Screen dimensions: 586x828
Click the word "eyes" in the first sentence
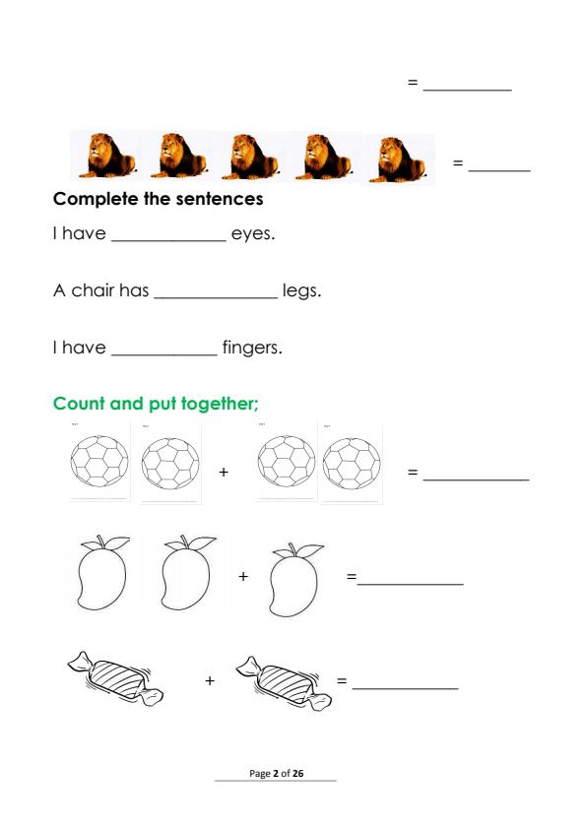pyautogui.click(x=251, y=234)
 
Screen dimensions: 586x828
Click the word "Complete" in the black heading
pyautogui.click(x=96, y=199)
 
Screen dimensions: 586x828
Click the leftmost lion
pyautogui.click(x=107, y=156)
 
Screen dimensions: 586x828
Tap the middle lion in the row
pyautogui.click(x=251, y=157)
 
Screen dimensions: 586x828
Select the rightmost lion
pyautogui.click(x=397, y=159)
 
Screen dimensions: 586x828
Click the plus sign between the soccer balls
pyautogui.click(x=224, y=472)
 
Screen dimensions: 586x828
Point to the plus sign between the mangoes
pyautogui.click(x=243, y=576)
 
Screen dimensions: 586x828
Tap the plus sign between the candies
pyautogui.click(x=210, y=680)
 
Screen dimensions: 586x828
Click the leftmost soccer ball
pyautogui.click(x=99, y=461)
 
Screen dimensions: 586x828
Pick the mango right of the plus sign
pyautogui.click(x=294, y=579)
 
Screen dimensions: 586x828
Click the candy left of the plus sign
pyautogui.click(x=115, y=678)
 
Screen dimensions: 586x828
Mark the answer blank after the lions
pyautogui.click(x=499, y=170)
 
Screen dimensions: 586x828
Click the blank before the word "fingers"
pyautogui.click(x=164, y=354)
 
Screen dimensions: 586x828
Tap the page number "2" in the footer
pyautogui.click(x=276, y=774)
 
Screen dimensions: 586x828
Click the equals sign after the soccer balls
pyautogui.click(x=413, y=472)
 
